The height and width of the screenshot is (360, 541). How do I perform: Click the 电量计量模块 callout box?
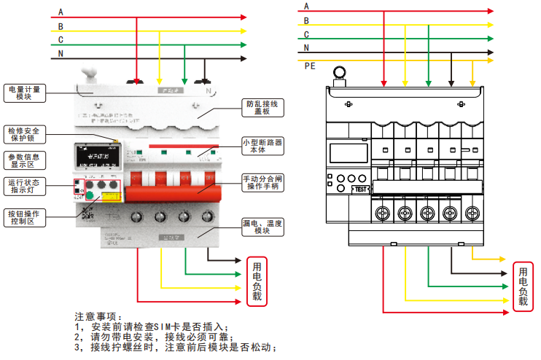26,93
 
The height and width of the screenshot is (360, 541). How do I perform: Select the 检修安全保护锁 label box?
26,133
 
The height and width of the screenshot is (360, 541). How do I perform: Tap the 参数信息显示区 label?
26,160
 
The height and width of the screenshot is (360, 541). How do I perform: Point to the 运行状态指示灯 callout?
26,187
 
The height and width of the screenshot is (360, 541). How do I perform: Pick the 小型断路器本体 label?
262,145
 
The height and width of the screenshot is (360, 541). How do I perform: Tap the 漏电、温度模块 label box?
262,227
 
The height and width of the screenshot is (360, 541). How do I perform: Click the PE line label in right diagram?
310,66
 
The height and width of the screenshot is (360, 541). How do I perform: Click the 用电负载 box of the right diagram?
522,286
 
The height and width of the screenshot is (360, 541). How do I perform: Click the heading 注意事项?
95,316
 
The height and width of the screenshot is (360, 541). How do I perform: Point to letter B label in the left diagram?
61,26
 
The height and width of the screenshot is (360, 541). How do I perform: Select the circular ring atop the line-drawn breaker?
339,72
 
